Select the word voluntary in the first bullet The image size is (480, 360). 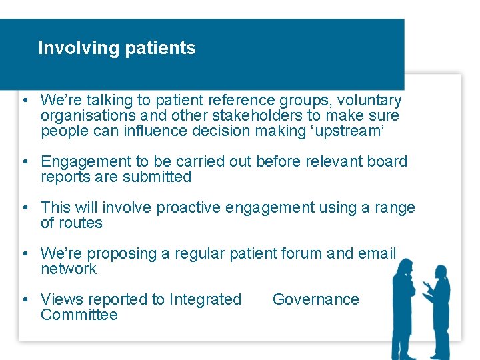point(369,101)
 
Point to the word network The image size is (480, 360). point(69,269)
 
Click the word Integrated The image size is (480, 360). point(205,299)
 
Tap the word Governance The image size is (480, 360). point(316,299)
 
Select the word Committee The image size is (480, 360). point(79,315)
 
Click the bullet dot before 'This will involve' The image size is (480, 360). point(24,207)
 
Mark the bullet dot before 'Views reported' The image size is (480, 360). point(24,299)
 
